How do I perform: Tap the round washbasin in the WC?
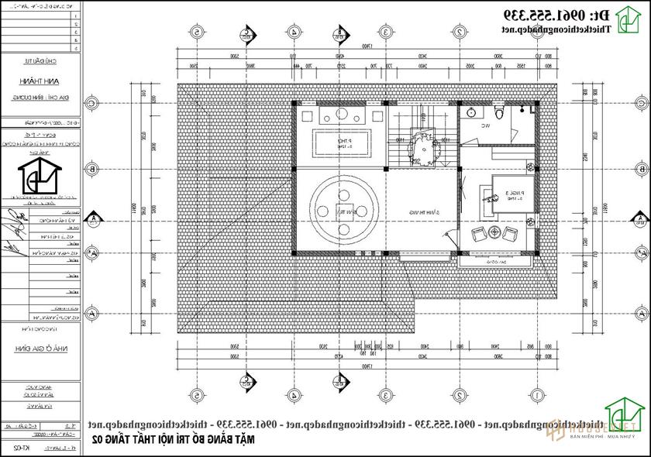point(471,114)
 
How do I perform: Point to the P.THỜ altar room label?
point(341,142)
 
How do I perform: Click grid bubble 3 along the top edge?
point(385,32)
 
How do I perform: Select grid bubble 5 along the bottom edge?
point(198,395)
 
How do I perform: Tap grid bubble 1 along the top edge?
point(534,32)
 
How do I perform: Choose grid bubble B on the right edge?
point(641,168)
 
